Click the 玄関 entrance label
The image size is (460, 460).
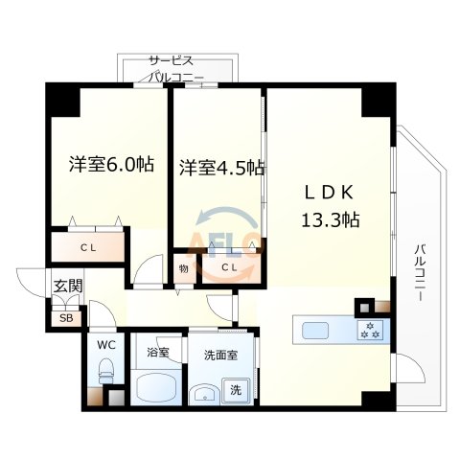(66, 285)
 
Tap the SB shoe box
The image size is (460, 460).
(65, 317)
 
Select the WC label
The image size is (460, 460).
(104, 345)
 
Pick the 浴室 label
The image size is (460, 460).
(157, 353)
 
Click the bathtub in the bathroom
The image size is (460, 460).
(157, 390)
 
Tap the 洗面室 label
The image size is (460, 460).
(220, 353)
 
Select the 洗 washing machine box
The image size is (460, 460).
(236, 390)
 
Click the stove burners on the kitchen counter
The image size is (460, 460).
(370, 333)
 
